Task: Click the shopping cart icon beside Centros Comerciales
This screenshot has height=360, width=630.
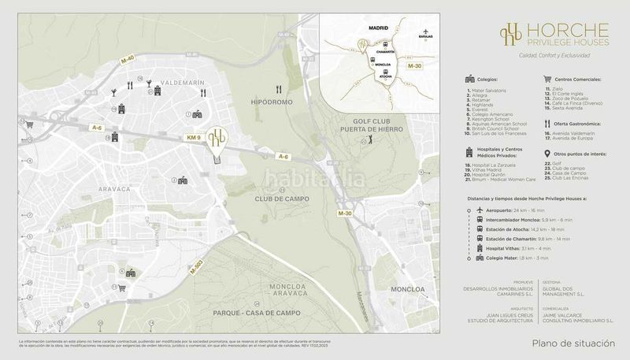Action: coord(546,80)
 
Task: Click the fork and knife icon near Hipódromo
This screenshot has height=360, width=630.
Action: coord(279,90)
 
